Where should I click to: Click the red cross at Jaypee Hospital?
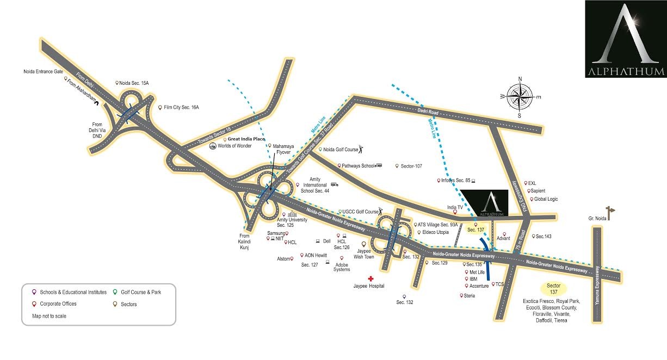370,278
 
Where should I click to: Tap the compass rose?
520,97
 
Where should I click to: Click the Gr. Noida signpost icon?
610,213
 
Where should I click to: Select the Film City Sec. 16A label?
181,107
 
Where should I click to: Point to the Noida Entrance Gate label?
43,71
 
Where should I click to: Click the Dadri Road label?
428,111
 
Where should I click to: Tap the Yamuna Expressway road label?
597,285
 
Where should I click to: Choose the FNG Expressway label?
520,195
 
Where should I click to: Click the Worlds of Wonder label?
234,146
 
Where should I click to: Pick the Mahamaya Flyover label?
283,149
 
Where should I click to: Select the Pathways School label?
358,166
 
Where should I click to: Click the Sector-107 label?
411,166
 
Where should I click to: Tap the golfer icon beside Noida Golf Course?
361,149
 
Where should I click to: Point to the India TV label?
455,207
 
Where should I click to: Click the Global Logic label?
546,198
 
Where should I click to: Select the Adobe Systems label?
342,267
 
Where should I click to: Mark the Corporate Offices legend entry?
58,303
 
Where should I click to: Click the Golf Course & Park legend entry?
141,292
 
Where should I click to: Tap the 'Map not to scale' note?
49,316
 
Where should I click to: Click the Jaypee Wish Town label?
363,254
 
